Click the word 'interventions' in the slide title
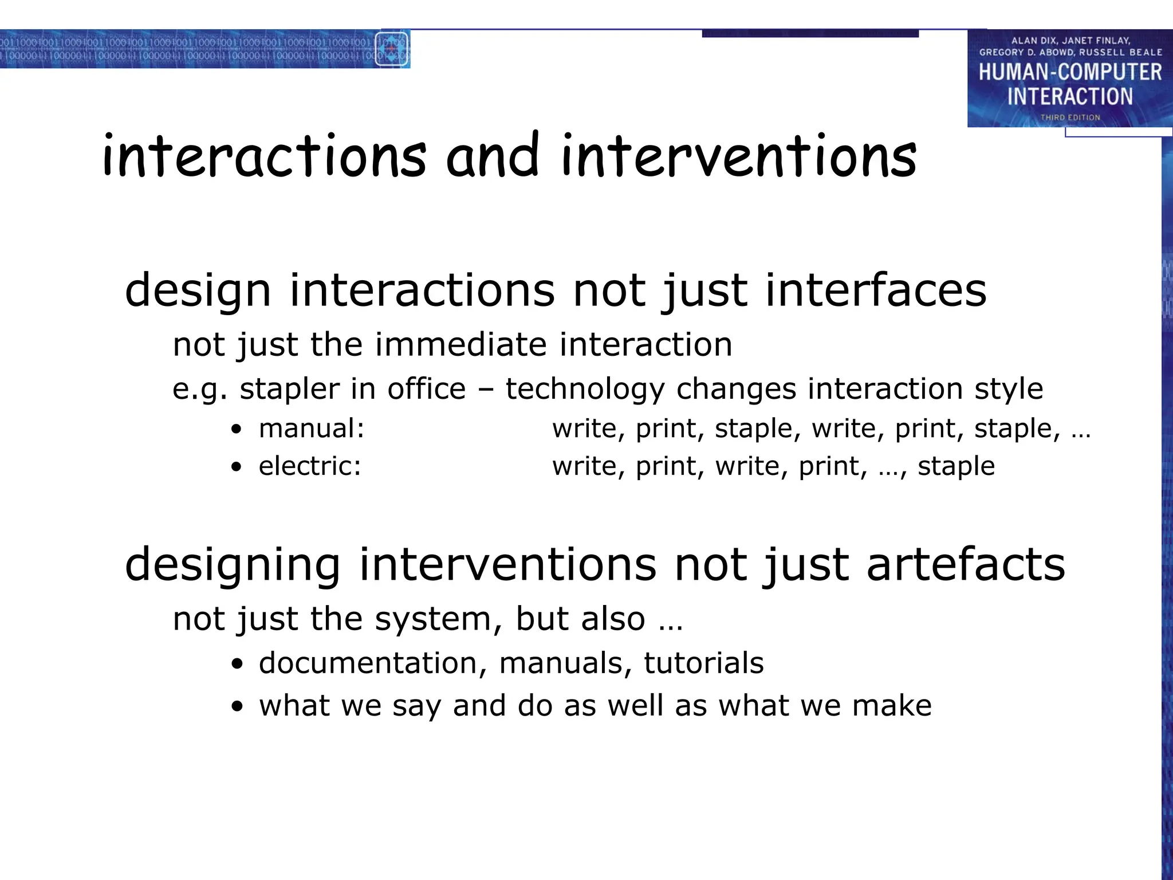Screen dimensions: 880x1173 (x=739, y=156)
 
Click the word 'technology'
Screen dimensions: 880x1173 (x=585, y=389)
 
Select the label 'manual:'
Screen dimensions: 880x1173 (x=312, y=429)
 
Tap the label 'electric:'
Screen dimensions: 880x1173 (x=310, y=466)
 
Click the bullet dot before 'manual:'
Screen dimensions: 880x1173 (x=237, y=430)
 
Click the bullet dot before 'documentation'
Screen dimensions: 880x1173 (x=237, y=664)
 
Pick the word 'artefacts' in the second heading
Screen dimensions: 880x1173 (x=966, y=564)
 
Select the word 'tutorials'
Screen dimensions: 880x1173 (x=703, y=663)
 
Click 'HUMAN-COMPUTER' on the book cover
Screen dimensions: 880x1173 (x=1070, y=72)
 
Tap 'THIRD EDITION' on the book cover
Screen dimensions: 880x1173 (x=1070, y=117)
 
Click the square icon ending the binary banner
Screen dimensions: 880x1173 (x=392, y=49)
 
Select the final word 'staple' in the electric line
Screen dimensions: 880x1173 (x=956, y=466)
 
